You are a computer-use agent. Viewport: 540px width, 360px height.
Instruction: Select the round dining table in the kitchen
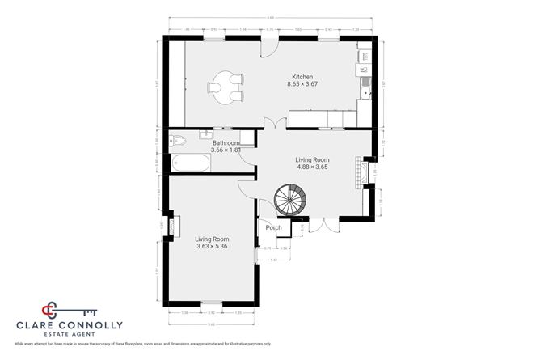pyautogui.click(x=222, y=87)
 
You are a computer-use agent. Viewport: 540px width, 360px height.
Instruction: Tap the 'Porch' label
pyautogui.click(x=273, y=228)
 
